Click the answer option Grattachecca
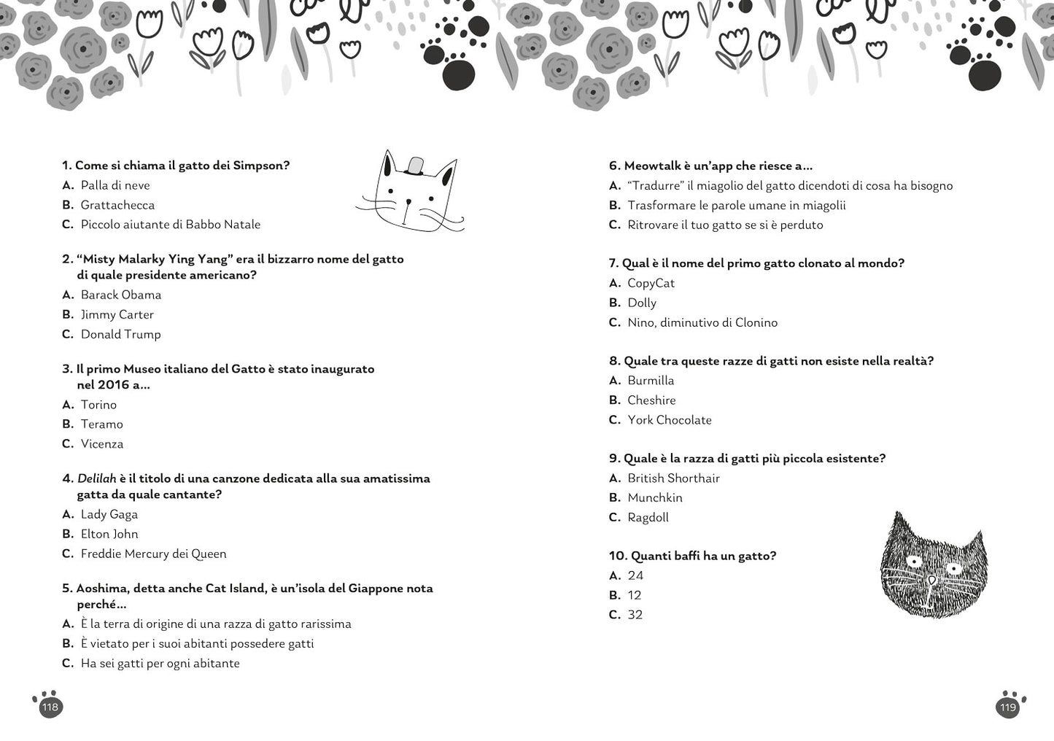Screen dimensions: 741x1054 [x=117, y=205]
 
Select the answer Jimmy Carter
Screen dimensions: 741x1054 [x=117, y=314]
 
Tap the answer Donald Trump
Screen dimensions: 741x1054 [x=120, y=334]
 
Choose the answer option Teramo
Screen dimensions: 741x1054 [x=101, y=424]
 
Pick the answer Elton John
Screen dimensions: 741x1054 [x=109, y=534]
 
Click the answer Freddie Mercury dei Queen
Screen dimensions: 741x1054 [x=153, y=554]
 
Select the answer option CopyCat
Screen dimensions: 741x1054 [x=651, y=283]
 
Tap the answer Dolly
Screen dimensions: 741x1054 [x=642, y=303]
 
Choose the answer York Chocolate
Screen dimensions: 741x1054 [x=669, y=419]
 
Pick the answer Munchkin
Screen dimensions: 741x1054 [x=654, y=497]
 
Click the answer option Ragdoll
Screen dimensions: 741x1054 [x=648, y=517]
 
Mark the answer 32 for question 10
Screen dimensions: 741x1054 [x=635, y=615]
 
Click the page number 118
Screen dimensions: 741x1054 [x=50, y=707]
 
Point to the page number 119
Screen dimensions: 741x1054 [x=1007, y=707]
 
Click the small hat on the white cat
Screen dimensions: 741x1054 [x=414, y=166]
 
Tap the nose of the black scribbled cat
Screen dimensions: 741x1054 [x=931, y=581]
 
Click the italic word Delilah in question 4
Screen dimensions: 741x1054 [x=96, y=478]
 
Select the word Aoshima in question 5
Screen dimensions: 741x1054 [x=98, y=588]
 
